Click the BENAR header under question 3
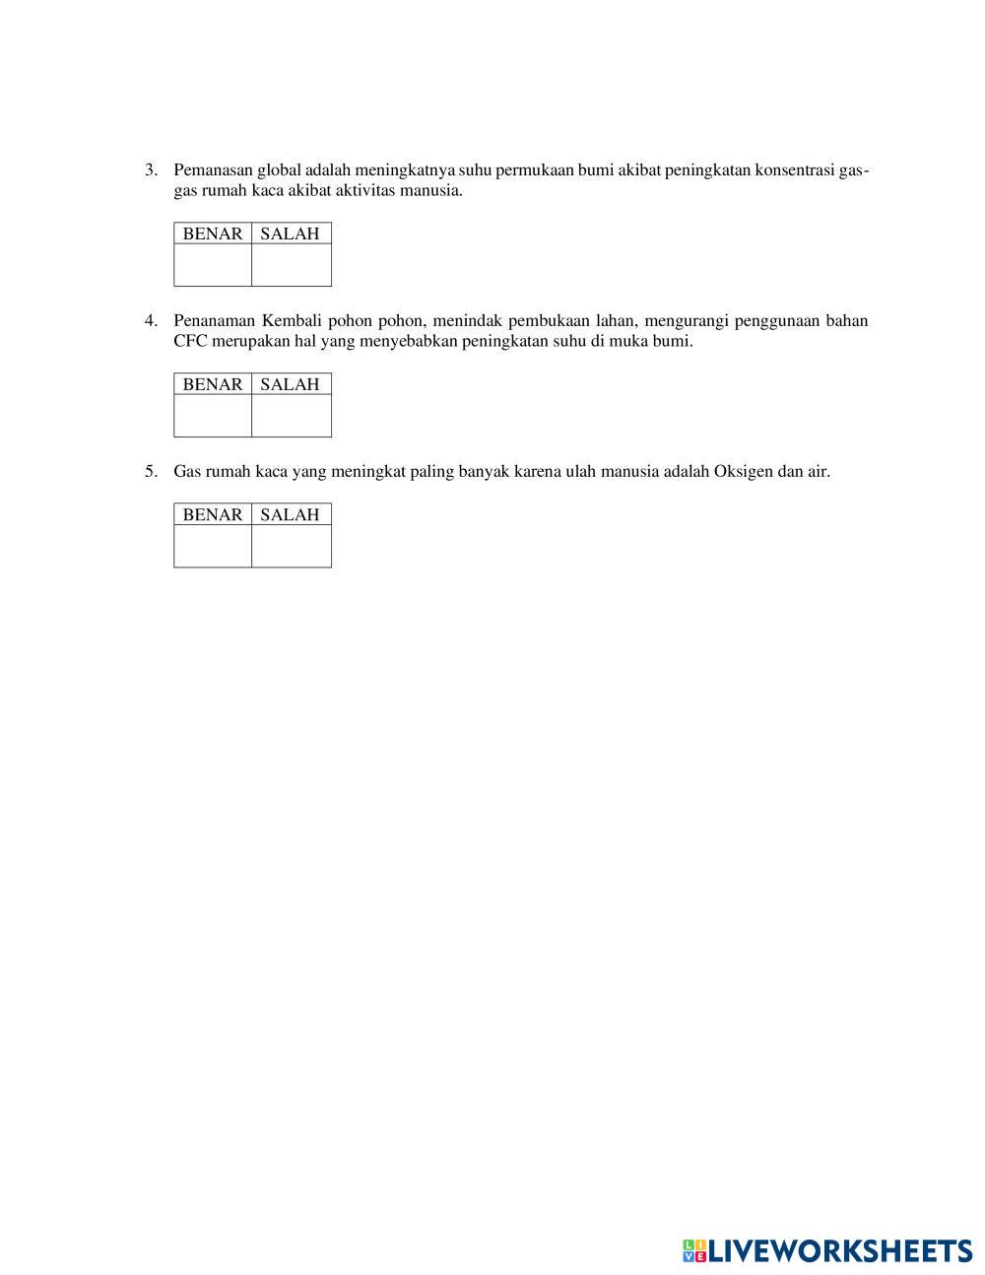pyautogui.click(x=213, y=234)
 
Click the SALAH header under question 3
pyautogui.click(x=291, y=234)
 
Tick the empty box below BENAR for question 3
pyautogui.click(x=213, y=265)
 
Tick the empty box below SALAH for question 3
pyautogui.click(x=292, y=265)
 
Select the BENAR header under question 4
pyautogui.click(x=213, y=384)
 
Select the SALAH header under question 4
pyautogui.click(x=291, y=384)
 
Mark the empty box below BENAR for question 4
pyautogui.click(x=213, y=416)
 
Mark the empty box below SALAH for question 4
pyautogui.click(x=292, y=416)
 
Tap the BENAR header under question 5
pyautogui.click(x=213, y=514)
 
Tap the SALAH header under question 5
pyautogui.click(x=291, y=514)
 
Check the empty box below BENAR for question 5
pyautogui.click(x=213, y=546)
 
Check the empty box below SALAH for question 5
pyautogui.click(x=292, y=546)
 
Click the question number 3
pyautogui.click(x=150, y=170)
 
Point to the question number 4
pyautogui.click(x=150, y=320)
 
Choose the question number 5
pyautogui.click(x=150, y=471)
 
